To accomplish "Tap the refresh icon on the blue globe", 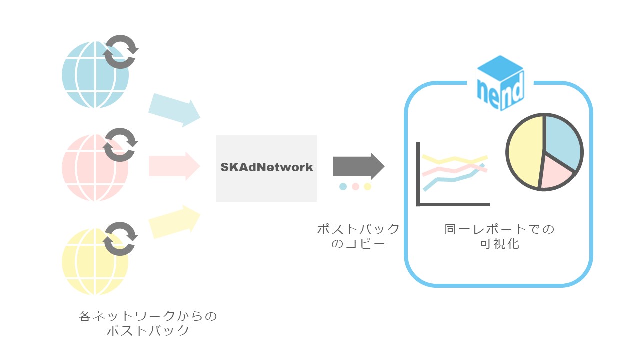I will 120,52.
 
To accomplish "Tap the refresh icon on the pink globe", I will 120,145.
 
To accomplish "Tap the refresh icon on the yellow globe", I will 120,238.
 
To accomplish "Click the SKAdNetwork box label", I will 266,167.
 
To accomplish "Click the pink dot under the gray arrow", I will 355,187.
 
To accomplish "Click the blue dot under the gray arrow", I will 343,187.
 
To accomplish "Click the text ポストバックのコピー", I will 358,236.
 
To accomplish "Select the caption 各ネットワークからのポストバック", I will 148,323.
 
